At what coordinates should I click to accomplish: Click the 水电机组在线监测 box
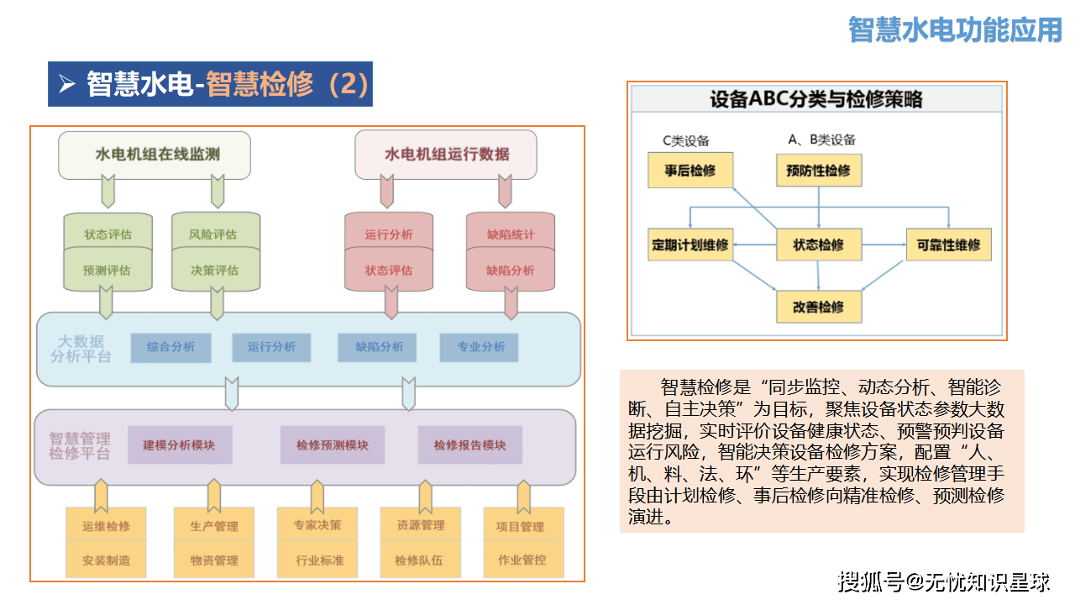point(155,155)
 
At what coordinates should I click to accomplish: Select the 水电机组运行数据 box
point(446,155)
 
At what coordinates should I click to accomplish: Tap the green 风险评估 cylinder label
point(216,234)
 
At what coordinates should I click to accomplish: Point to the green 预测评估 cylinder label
point(107,271)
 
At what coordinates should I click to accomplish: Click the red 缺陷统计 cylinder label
point(511,234)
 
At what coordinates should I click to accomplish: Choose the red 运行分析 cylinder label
point(389,234)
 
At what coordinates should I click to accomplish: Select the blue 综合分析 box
point(170,347)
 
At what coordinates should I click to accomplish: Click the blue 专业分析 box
point(481,347)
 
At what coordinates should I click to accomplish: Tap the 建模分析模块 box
point(179,445)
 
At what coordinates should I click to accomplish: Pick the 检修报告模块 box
point(469,445)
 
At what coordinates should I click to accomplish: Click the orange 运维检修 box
point(106,526)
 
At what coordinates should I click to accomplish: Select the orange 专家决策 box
point(317,525)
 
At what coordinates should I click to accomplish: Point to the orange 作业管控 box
point(522,560)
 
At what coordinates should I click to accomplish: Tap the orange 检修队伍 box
point(419,560)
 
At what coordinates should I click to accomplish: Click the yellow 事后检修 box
point(690,171)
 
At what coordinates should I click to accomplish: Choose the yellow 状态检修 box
point(819,245)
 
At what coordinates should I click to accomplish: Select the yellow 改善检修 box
point(819,307)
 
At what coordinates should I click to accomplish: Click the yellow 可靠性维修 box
point(948,245)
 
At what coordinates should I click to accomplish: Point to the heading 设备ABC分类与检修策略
point(816,99)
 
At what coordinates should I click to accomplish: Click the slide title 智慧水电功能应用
point(955,29)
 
